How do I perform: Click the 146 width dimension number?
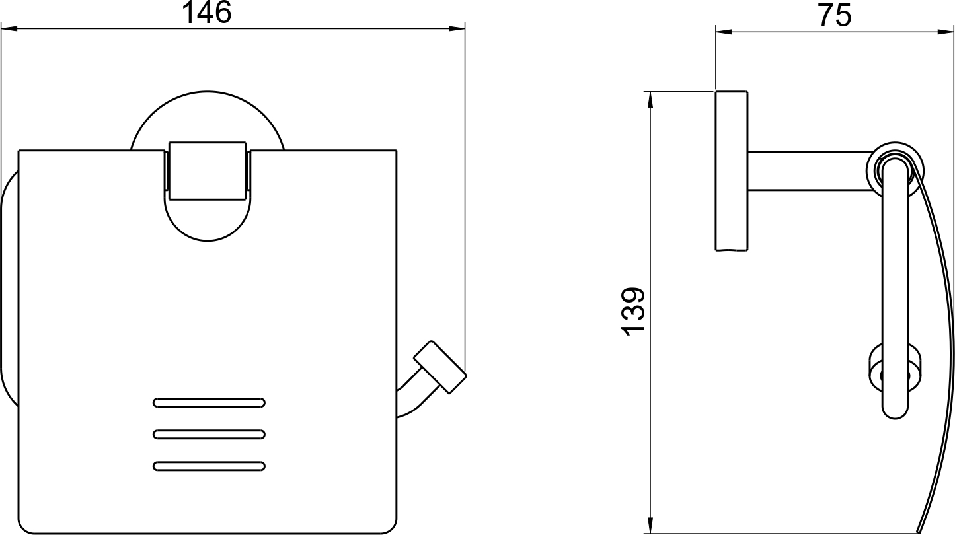click(207, 13)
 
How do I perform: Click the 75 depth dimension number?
click(834, 16)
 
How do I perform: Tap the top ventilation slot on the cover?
click(209, 402)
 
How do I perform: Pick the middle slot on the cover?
click(209, 435)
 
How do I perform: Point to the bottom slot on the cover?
click(209, 466)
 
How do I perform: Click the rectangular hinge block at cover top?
click(208, 171)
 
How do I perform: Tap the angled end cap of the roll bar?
click(440, 367)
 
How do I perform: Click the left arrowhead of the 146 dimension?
click(9, 29)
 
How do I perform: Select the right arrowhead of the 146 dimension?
click(457, 29)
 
